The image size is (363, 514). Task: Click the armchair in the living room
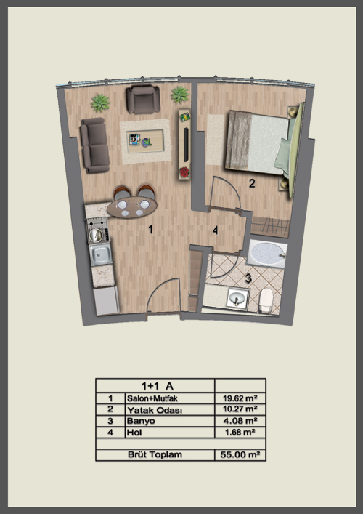tap(143, 100)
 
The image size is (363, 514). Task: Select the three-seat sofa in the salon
tap(94, 145)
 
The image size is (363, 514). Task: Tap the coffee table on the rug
tap(145, 141)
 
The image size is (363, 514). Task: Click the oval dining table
tap(132, 206)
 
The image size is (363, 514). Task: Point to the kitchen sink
tap(101, 255)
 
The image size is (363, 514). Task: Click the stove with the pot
tap(98, 230)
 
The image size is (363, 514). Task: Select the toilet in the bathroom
tap(266, 300)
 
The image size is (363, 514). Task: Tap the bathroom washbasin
tap(237, 298)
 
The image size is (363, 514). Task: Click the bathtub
tap(266, 254)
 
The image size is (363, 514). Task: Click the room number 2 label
tap(252, 183)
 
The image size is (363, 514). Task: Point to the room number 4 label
tap(215, 230)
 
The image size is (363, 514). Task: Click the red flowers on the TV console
tap(184, 172)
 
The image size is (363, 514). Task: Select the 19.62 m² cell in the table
tap(240, 398)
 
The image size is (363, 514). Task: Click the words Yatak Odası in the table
tap(155, 410)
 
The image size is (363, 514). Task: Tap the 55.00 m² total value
tap(240, 454)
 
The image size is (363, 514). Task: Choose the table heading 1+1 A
tap(157, 386)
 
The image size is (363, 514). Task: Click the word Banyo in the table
tap(141, 421)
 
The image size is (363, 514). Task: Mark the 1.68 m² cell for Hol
tap(240, 433)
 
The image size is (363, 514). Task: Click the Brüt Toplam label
tap(155, 454)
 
